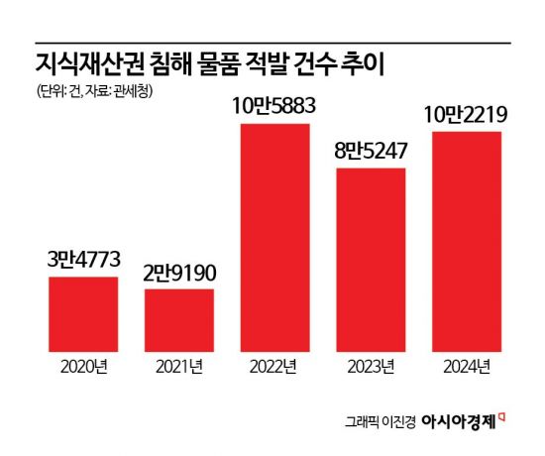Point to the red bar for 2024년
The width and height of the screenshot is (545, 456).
[466, 242]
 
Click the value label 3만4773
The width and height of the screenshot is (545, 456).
[83, 263]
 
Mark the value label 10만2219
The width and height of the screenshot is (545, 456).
[466, 116]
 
